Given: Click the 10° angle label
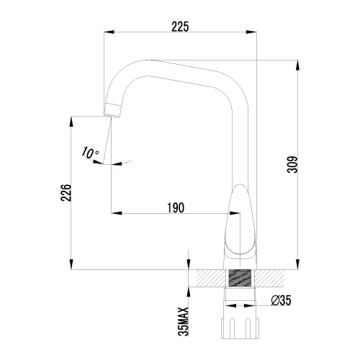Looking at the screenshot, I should (x=90, y=153).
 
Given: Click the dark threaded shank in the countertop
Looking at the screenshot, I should (x=239, y=280).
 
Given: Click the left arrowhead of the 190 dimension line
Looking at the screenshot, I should (x=114, y=214).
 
